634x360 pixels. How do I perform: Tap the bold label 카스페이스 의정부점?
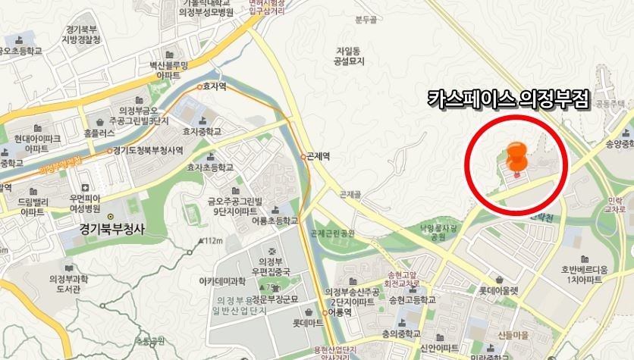coord(508,99)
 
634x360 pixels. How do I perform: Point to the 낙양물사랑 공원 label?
coord(437,232)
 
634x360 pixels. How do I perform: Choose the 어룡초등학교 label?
coord(274,221)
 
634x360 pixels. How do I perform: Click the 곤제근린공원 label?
coord(333,233)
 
